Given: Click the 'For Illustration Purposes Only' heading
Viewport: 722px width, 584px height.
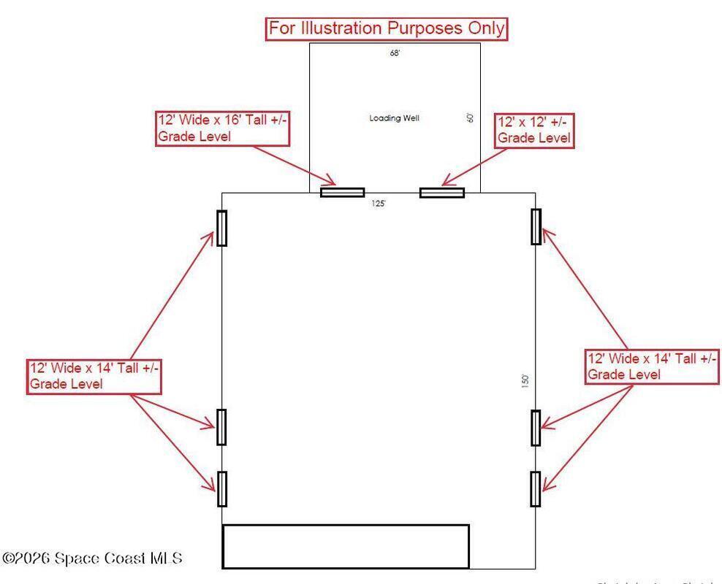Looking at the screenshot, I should pos(387,28).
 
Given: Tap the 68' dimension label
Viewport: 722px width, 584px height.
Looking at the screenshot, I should pos(395,53).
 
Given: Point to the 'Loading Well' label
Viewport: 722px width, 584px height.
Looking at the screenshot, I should pos(395,118).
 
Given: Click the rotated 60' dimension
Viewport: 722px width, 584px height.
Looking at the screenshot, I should pos(471,118).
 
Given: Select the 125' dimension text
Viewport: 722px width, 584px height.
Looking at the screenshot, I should pos(378,204).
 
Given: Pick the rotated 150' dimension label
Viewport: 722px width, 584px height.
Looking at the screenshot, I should pos(525,382).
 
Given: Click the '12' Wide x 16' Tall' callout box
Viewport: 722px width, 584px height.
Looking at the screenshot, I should pos(223,128).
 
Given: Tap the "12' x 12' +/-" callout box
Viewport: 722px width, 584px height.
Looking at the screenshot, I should pos(533,129).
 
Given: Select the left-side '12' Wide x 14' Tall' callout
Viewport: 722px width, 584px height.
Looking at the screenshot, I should pos(94,376).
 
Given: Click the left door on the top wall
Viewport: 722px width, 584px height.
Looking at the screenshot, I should pos(342,193).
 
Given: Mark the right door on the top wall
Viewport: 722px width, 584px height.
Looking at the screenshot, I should pos(442,193).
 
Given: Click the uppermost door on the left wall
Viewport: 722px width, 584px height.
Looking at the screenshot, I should pos(221,228).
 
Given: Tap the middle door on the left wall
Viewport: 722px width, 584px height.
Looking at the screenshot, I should pos(221,427).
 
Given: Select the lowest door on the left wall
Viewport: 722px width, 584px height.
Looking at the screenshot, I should pos(221,488).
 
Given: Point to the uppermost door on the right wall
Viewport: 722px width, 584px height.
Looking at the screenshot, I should pos(536,226).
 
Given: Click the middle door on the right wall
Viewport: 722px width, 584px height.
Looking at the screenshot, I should pos(536,428).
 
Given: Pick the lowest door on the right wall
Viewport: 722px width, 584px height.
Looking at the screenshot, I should pos(536,488).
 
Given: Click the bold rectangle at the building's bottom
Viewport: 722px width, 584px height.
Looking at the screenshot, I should pos(345,546).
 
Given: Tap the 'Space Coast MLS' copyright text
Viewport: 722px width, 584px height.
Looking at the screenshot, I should pos(92,558).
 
